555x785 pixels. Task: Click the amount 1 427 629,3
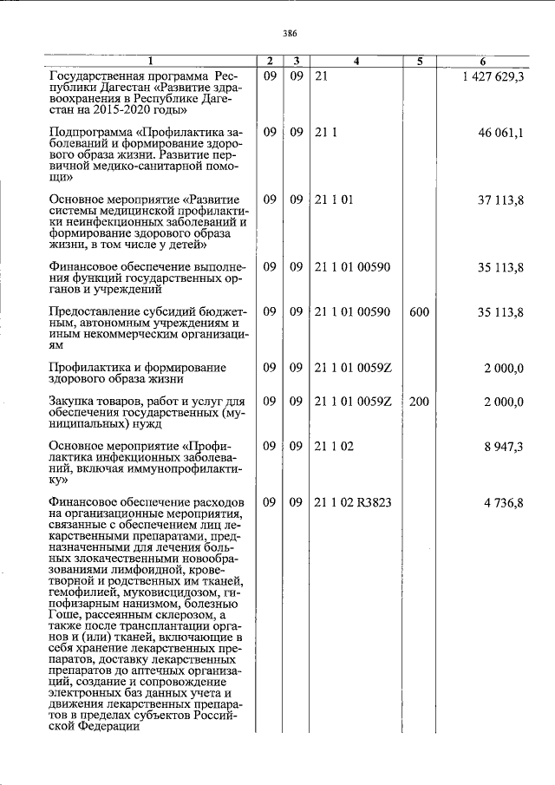[493, 78]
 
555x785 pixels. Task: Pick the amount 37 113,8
[500, 200]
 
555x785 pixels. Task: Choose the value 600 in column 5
[419, 310]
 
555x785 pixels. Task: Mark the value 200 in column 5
[419, 401]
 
